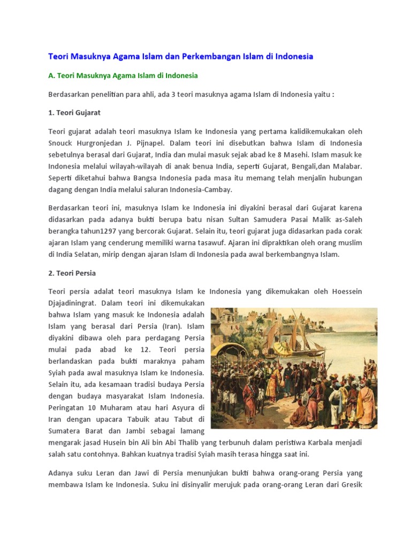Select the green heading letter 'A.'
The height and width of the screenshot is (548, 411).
pos(51,75)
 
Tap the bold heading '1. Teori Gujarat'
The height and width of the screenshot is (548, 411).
pos(74,113)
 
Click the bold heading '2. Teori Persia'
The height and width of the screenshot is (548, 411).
pos(72,273)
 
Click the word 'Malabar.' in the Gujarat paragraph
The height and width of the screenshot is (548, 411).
pos(347,166)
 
